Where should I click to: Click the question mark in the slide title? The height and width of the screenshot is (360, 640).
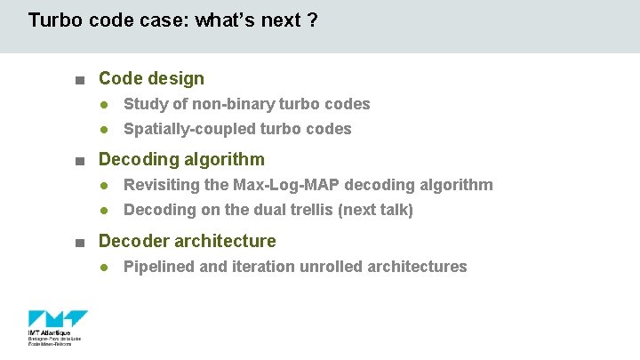point(312,20)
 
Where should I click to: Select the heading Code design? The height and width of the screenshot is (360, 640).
point(151,79)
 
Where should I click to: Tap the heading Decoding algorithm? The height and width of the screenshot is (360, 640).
point(181,160)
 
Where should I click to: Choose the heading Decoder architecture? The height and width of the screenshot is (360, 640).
point(187,241)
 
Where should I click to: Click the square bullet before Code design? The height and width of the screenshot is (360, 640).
point(80,80)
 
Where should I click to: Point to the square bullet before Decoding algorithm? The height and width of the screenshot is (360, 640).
point(80,161)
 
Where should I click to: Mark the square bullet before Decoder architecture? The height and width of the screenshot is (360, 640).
point(80,242)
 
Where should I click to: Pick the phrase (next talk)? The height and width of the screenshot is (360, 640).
point(377,210)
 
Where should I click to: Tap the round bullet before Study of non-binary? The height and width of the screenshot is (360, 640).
point(104,105)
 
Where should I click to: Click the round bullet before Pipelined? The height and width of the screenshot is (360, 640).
point(104,268)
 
